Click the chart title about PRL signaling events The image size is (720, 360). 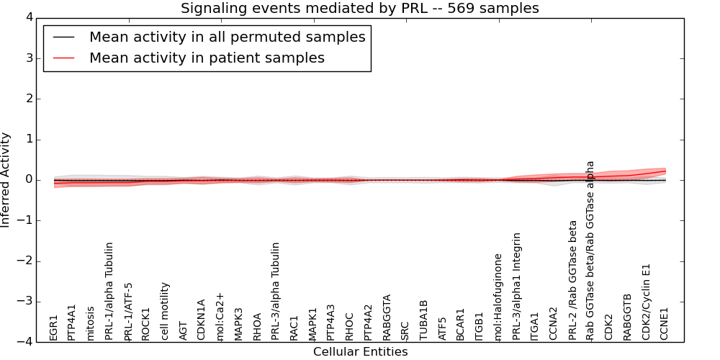[359, 8]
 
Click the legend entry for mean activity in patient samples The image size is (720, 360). [207, 58]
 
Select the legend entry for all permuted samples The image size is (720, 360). [227, 37]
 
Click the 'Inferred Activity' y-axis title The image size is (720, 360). [6, 180]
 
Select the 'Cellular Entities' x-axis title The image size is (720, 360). [360, 352]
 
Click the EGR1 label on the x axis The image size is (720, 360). [53, 327]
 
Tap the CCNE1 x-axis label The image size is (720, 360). [665, 323]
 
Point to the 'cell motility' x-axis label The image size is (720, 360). [165, 310]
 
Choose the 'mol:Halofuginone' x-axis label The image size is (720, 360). [498, 296]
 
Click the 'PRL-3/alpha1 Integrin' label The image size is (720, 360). [516, 286]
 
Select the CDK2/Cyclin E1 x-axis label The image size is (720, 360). [646, 301]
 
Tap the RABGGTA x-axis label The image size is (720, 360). [387, 317]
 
